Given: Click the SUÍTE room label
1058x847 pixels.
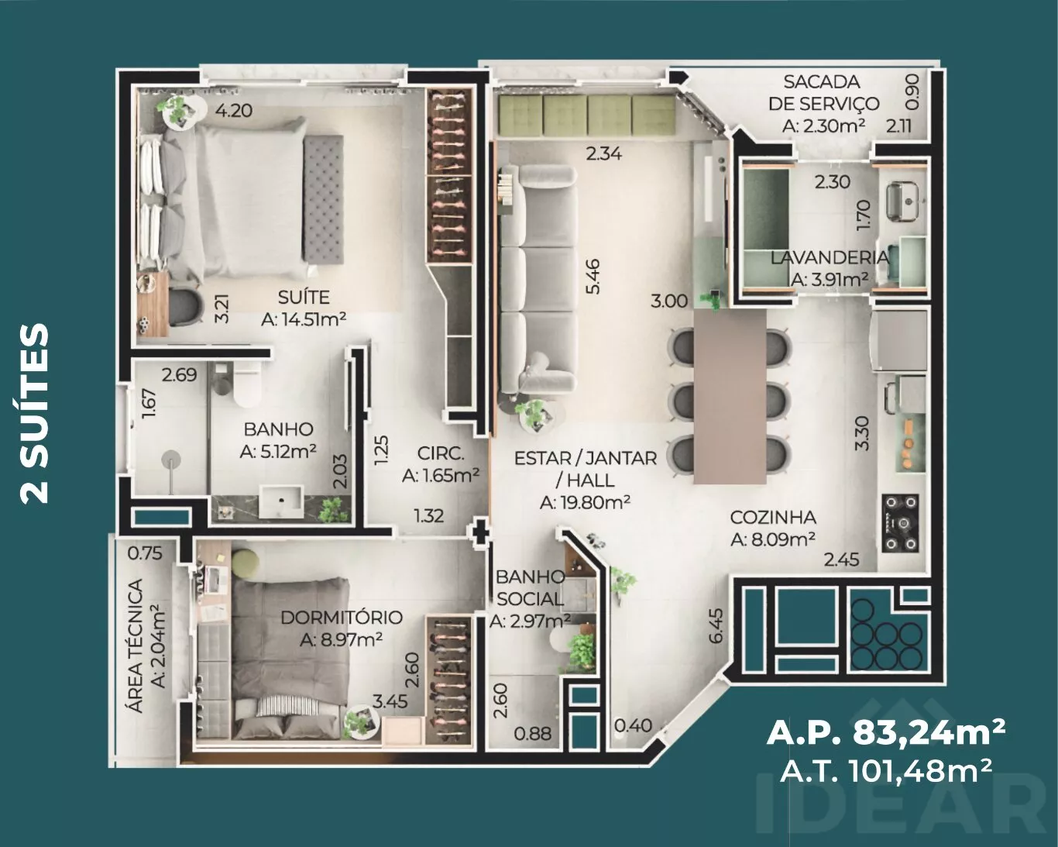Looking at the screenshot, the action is click(304, 298).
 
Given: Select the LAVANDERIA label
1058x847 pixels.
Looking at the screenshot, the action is click(830, 257).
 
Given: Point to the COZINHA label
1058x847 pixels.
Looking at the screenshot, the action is click(773, 518).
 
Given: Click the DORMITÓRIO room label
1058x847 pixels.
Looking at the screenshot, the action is click(342, 618).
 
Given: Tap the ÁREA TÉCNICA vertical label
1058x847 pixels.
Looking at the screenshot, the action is click(136, 646).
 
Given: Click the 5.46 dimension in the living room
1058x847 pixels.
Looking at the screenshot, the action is click(593, 277).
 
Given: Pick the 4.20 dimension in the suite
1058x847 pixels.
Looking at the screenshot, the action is click(234, 111).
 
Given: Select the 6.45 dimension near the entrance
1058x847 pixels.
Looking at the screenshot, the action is click(716, 625).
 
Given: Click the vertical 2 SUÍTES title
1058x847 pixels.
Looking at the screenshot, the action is click(34, 413).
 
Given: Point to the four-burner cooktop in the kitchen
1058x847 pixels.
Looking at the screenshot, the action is click(901, 522).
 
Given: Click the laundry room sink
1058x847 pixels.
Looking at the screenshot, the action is click(905, 201).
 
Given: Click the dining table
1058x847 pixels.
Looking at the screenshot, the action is click(730, 397).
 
